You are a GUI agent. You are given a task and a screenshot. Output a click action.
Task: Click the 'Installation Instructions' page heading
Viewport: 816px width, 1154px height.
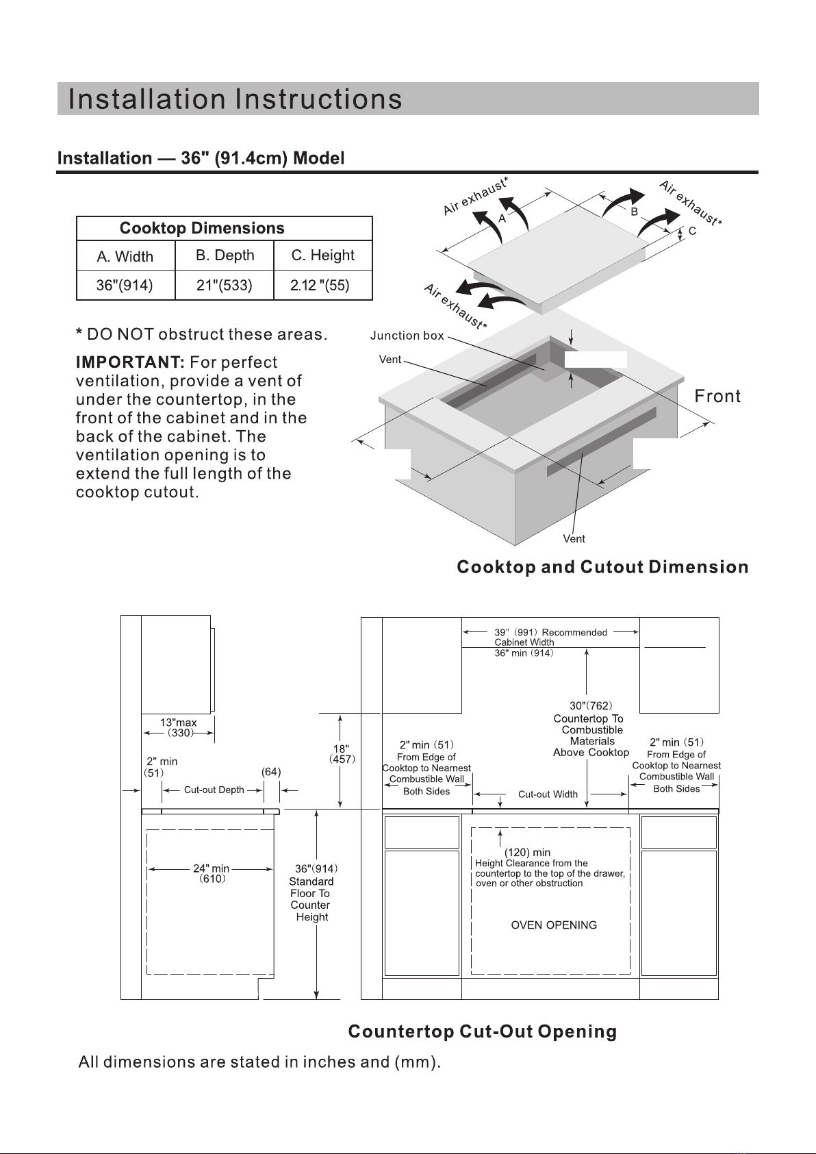tap(235, 99)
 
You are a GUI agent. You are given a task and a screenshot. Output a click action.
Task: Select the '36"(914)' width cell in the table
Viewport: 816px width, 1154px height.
tap(125, 286)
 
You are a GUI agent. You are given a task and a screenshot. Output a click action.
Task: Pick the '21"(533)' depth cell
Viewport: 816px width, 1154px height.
tap(225, 286)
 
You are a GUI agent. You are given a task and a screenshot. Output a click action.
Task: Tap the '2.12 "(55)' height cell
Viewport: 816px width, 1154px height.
tap(320, 286)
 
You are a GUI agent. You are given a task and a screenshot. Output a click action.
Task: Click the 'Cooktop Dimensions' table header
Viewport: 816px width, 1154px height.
tap(202, 228)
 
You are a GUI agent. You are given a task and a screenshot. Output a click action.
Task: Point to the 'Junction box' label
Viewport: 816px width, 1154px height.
tap(407, 336)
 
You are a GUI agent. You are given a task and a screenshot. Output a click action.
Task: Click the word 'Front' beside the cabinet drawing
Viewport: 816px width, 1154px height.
tap(717, 397)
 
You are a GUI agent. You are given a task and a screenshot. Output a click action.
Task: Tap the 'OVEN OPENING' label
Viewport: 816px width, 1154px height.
tap(554, 925)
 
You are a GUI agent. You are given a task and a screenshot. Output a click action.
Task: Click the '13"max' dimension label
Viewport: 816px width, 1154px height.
tap(178, 723)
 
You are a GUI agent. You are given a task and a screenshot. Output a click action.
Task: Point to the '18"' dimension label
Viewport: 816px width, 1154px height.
tap(342, 749)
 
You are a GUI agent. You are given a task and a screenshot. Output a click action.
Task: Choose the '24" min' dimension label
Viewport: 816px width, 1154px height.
tap(211, 868)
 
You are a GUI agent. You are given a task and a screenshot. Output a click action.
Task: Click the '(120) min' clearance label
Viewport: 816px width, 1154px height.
tap(527, 853)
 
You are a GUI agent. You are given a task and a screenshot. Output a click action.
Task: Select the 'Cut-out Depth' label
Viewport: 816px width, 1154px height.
tap(214, 790)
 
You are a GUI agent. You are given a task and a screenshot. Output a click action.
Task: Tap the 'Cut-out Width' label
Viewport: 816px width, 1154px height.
tap(548, 794)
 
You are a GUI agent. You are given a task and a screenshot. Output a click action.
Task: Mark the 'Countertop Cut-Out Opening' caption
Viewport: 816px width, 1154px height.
tap(483, 1032)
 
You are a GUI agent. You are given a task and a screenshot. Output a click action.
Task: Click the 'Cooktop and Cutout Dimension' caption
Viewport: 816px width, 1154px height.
tap(602, 567)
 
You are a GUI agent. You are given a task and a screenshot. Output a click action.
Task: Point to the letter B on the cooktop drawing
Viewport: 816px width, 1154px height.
tap(635, 212)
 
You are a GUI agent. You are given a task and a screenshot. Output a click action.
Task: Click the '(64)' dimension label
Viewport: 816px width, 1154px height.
tap(271, 772)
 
